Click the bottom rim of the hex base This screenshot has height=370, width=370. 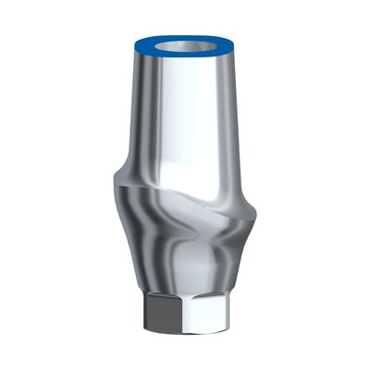tap(185, 331)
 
